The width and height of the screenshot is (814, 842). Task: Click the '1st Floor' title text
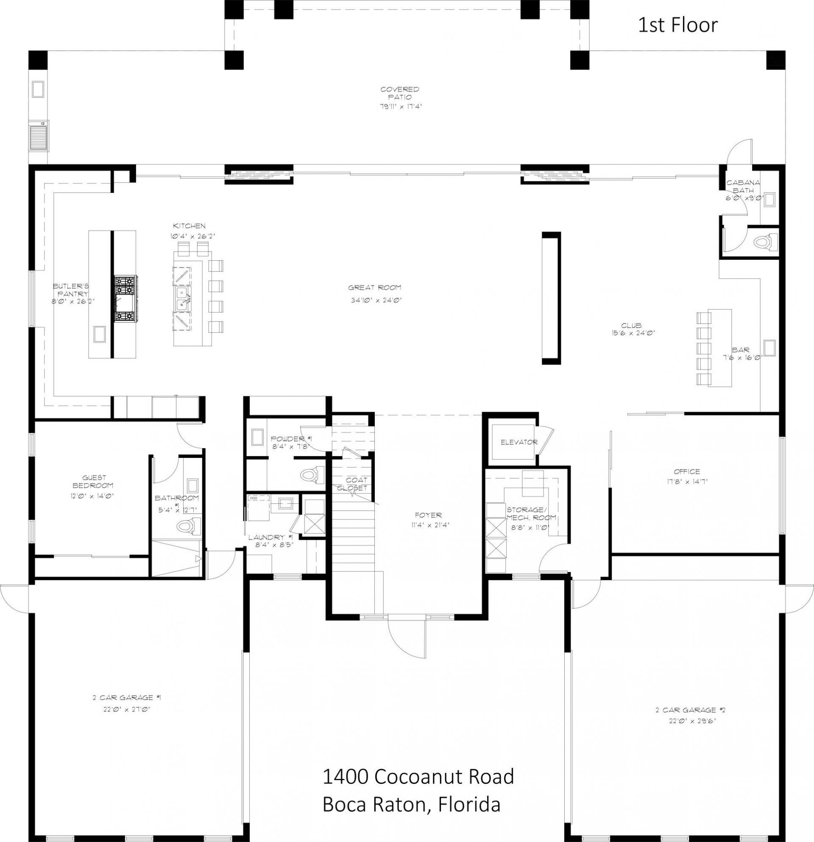click(677, 25)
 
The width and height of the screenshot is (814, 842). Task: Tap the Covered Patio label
click(399, 93)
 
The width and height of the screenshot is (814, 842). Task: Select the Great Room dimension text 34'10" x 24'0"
click(376, 300)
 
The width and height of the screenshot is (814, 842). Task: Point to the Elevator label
click(519, 442)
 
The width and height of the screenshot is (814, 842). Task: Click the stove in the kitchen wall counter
click(125, 299)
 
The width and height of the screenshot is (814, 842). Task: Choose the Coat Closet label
click(353, 484)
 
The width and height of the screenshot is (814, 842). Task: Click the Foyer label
click(428, 515)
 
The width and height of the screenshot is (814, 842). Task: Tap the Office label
click(686, 471)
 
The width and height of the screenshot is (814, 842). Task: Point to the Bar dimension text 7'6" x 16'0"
click(742, 357)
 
